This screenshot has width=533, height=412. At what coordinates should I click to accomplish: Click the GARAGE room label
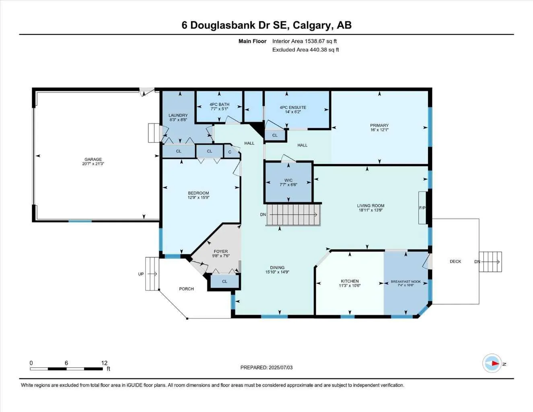point(93,159)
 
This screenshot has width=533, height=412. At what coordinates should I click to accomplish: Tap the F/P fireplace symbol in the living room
point(422,208)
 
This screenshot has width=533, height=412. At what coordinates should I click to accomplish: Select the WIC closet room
point(288,182)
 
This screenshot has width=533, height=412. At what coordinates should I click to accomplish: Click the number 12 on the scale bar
point(105,363)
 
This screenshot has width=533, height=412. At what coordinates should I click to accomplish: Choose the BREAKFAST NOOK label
point(405,282)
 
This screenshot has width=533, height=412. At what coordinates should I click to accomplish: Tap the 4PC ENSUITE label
point(293,107)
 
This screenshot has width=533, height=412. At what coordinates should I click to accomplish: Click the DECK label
point(455,262)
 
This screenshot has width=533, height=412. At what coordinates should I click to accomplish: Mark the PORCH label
point(186,289)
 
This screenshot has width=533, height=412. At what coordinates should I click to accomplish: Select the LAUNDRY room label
point(178,115)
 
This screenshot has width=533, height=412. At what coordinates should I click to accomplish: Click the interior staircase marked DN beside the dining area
point(294,214)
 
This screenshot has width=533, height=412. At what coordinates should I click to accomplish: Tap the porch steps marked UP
point(152,274)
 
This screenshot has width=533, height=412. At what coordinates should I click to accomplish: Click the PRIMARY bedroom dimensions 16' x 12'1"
point(379,130)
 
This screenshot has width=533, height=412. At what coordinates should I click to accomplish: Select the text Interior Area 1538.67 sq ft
point(305,41)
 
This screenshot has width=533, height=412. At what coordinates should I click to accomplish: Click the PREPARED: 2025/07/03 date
point(266,367)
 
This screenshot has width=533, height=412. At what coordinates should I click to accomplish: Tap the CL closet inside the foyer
point(224,281)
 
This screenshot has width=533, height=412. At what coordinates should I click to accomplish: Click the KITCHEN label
point(350,281)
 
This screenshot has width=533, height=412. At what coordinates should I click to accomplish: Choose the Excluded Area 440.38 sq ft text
point(305,50)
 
